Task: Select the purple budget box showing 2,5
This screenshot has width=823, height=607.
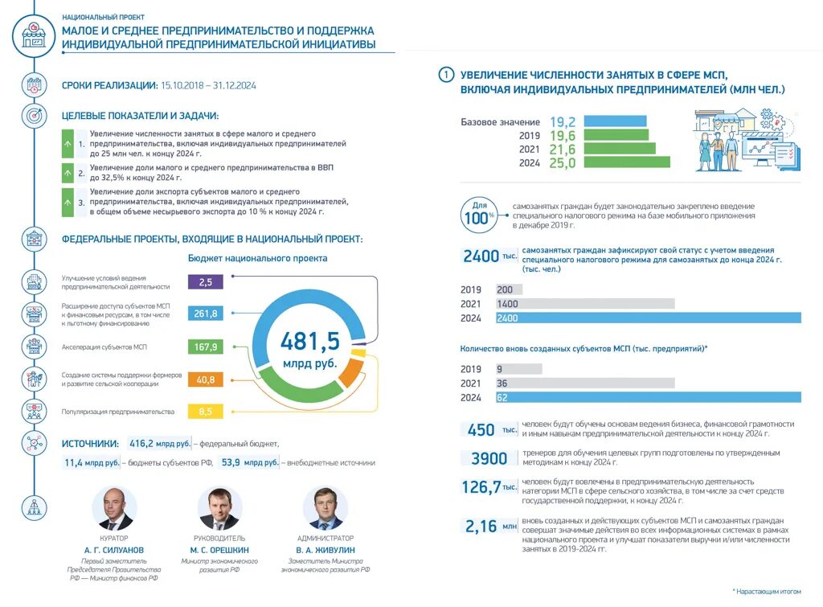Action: tap(205, 281)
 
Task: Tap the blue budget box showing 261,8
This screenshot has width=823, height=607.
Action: tap(205, 314)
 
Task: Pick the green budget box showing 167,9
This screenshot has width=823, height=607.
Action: tap(205, 347)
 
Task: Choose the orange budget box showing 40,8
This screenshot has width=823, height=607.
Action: tap(205, 379)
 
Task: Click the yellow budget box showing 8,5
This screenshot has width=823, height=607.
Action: tap(205, 412)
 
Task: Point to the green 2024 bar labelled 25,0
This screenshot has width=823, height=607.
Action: tap(626, 162)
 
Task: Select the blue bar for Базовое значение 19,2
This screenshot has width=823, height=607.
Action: tap(615, 121)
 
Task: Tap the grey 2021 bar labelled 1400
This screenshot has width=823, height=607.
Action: tap(584, 304)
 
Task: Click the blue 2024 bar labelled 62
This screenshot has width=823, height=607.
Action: tap(648, 397)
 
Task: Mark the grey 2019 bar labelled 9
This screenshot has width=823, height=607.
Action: tap(518, 369)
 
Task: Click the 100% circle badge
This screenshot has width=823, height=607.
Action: tap(477, 215)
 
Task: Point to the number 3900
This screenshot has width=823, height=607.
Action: tap(489, 459)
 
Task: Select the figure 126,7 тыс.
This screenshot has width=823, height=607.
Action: tap(487, 487)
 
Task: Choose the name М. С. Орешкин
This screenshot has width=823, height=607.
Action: tap(220, 550)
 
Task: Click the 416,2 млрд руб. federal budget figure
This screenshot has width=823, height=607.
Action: tap(159, 443)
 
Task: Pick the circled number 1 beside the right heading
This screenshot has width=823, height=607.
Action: tap(446, 75)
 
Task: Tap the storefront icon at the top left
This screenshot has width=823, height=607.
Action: tap(35, 37)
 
